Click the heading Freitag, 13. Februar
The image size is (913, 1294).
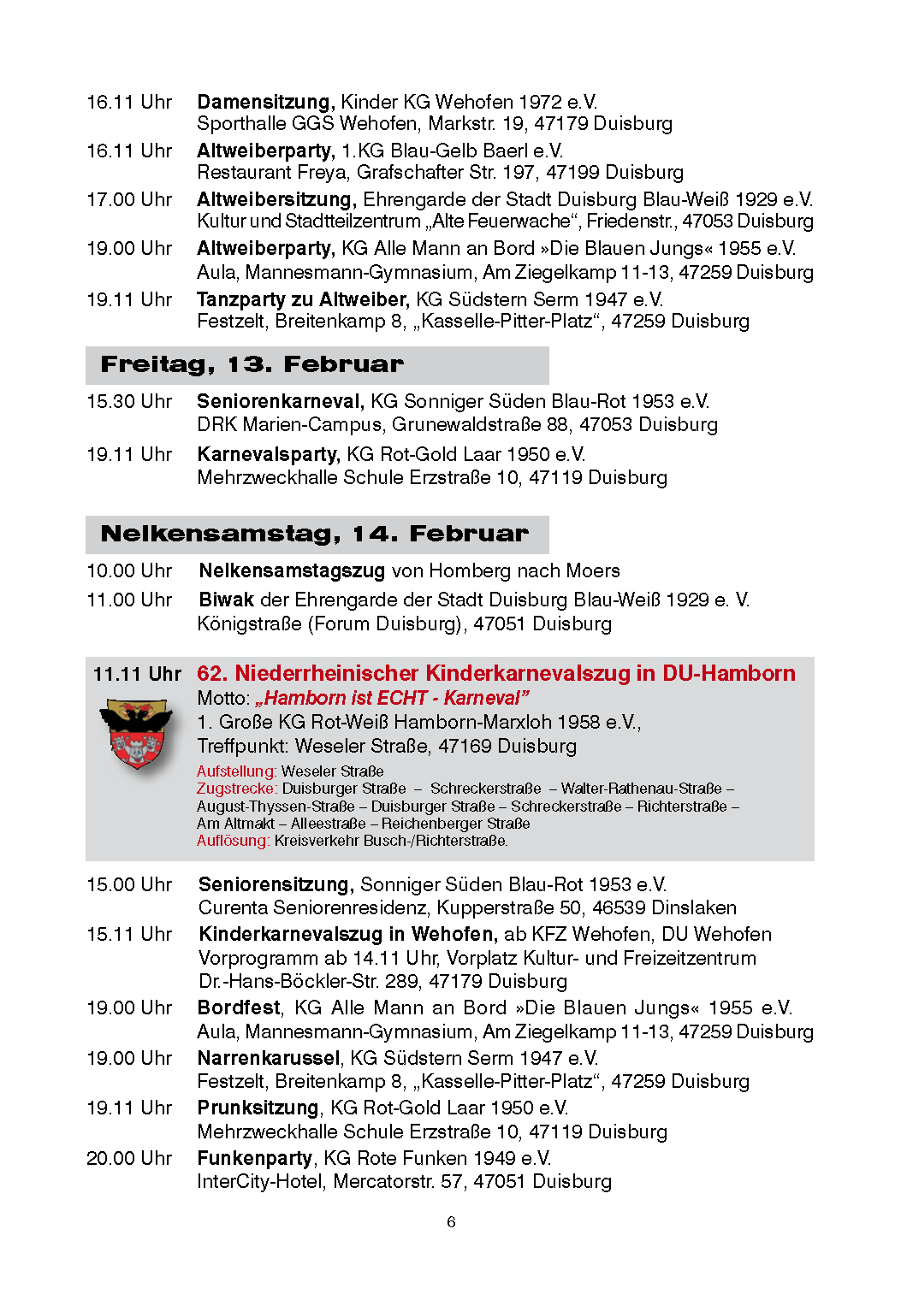click(x=252, y=364)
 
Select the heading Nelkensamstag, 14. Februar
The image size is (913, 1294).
click(x=314, y=534)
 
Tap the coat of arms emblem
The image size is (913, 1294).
click(x=136, y=733)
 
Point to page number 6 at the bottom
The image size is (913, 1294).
click(x=451, y=1222)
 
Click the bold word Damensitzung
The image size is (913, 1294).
click(x=264, y=102)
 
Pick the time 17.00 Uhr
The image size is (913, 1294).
click(x=129, y=199)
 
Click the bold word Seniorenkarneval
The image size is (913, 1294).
click(x=280, y=401)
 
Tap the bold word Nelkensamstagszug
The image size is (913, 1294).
click(x=292, y=570)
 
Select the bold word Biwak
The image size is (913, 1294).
click(x=226, y=600)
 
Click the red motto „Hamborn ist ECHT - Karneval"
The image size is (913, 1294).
click(x=392, y=698)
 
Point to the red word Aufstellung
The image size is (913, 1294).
click(x=236, y=771)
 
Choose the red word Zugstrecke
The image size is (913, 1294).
click(x=236, y=789)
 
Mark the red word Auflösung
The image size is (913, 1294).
click(x=233, y=841)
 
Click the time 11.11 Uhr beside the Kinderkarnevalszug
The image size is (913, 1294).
click(x=137, y=674)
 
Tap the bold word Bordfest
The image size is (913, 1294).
click(x=239, y=1007)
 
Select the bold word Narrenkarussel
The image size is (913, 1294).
click(x=269, y=1058)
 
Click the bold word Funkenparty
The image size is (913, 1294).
click(x=254, y=1158)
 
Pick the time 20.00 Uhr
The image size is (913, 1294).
click(x=129, y=1158)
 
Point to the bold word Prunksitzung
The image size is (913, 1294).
click(x=258, y=1108)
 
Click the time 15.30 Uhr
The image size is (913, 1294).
click(x=129, y=401)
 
